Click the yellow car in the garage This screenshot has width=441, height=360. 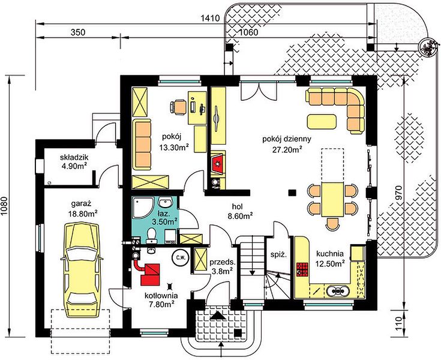click(81, 270)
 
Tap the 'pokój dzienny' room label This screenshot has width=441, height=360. click(287, 139)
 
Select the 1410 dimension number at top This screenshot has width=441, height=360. click(210, 18)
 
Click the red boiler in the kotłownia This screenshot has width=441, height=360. click(150, 274)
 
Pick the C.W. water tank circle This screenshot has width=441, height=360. click(181, 257)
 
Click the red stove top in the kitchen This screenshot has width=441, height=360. click(302, 269)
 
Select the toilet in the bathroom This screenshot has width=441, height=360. click(152, 235)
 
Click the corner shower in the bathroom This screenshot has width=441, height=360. click(143, 208)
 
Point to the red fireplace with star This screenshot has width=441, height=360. click(217, 163)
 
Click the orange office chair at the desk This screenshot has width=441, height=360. click(178, 107)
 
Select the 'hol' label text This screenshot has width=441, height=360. click(238, 206)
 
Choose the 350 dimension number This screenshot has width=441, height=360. click(78, 32)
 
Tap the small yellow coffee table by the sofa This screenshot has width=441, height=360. click(322, 121)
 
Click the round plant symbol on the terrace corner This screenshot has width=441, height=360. click(427, 47)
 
